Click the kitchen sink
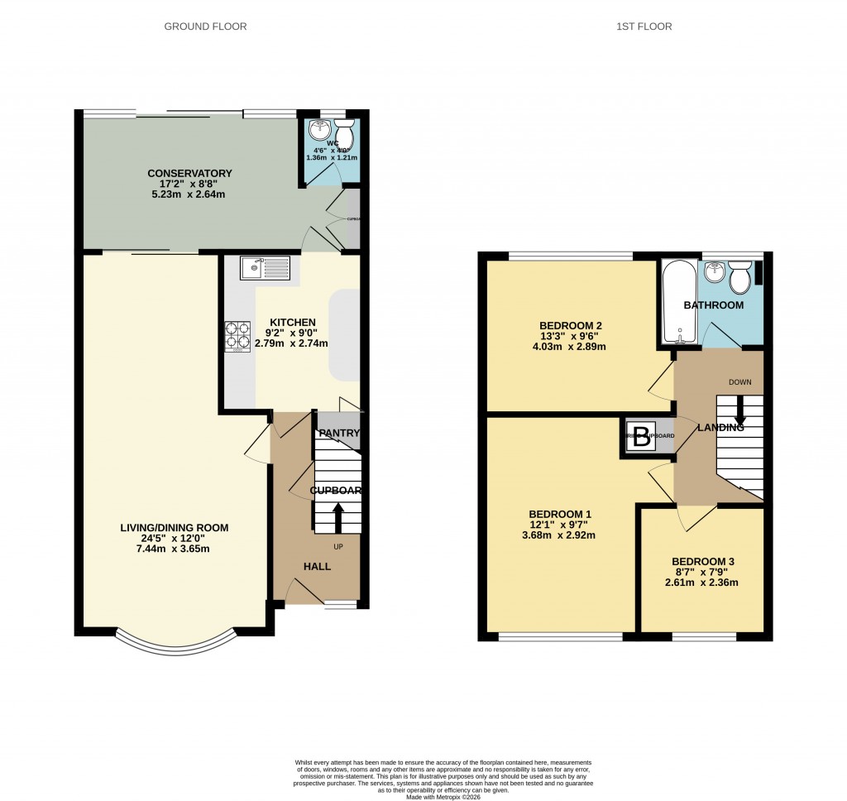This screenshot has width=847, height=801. (x=265, y=268)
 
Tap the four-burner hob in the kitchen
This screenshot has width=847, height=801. (x=237, y=335)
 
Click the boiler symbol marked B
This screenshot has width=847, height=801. (x=641, y=439)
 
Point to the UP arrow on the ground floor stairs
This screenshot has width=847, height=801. (x=337, y=517)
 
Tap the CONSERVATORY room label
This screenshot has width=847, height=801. (x=189, y=173)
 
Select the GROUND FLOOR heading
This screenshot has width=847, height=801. (x=205, y=26)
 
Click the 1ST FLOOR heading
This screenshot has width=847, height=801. (x=644, y=26)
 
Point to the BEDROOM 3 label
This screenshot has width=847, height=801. (x=702, y=561)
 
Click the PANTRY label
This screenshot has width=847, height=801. (x=339, y=433)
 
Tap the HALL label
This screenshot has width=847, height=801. (x=317, y=567)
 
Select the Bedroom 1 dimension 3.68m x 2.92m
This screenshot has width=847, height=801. (x=562, y=535)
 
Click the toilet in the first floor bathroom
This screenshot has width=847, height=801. (x=740, y=277)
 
